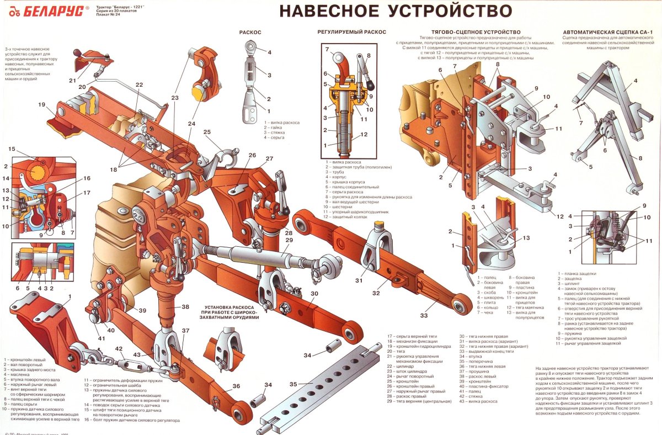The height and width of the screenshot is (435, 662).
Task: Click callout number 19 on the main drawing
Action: (41, 104)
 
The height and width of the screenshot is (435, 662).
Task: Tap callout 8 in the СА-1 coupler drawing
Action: (640, 158)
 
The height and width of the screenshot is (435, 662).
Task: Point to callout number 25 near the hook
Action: (207, 132)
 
